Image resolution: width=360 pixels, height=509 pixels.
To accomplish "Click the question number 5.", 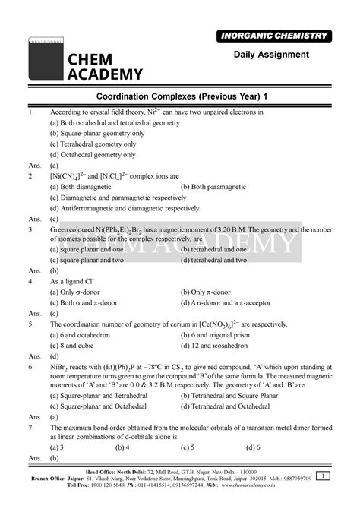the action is click(29, 323).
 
